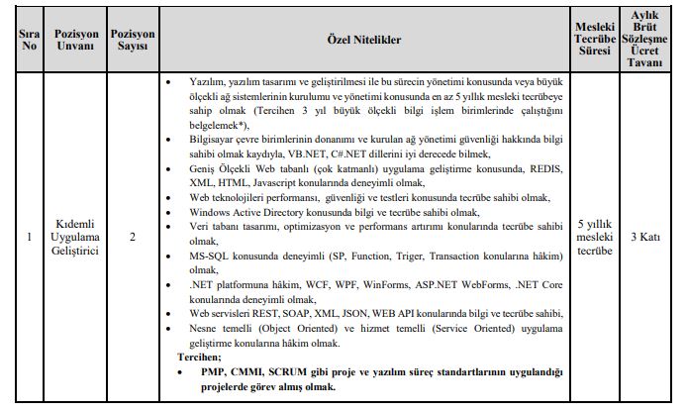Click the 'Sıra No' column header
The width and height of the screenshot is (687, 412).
coord(29,39)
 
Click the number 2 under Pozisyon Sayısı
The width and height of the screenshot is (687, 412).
coord(132,237)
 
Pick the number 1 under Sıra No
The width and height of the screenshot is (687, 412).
coord(29,237)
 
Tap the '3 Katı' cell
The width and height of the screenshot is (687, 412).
coord(645,237)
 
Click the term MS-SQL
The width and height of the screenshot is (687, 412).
coord(211,257)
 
